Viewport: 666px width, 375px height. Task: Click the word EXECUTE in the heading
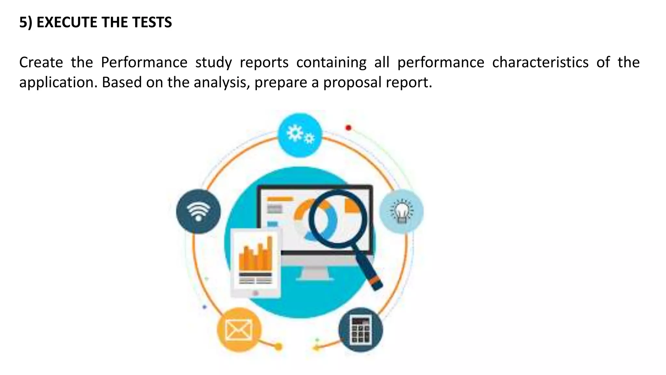67,22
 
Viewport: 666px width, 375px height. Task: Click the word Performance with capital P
144,62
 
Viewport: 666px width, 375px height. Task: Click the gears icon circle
300,135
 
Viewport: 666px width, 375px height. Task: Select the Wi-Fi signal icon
198,211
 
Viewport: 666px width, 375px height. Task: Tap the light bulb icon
402,211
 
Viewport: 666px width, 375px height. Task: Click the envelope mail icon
239,329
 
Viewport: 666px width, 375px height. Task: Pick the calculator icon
361,329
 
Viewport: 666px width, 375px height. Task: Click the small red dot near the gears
348,128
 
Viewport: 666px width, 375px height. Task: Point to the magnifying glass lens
338,218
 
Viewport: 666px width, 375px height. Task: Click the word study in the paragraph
213,62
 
